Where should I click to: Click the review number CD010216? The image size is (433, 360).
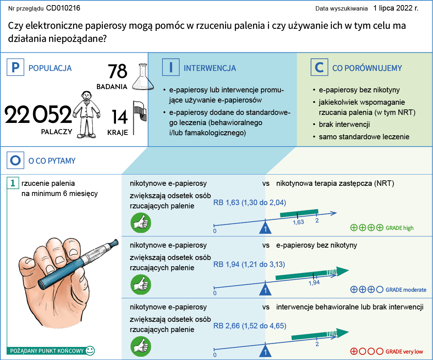click(63, 8)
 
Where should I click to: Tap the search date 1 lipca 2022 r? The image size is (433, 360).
click(396, 8)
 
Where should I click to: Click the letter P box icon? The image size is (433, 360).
click(15, 68)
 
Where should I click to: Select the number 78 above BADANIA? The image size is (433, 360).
click(117, 72)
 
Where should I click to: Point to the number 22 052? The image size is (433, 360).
click(38, 115)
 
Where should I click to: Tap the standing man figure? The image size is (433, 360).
click(86, 114)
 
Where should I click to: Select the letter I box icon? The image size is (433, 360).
click(171, 68)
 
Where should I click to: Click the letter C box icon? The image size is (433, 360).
click(319, 68)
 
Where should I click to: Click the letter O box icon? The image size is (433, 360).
click(15, 160)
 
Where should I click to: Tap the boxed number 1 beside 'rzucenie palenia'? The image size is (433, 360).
click(13, 184)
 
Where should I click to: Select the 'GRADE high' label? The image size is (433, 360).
click(400, 228)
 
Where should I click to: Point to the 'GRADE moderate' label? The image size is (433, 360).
click(406, 290)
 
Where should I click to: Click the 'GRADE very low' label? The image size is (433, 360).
click(404, 352)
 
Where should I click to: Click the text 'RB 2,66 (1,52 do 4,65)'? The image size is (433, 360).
click(249, 326)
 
